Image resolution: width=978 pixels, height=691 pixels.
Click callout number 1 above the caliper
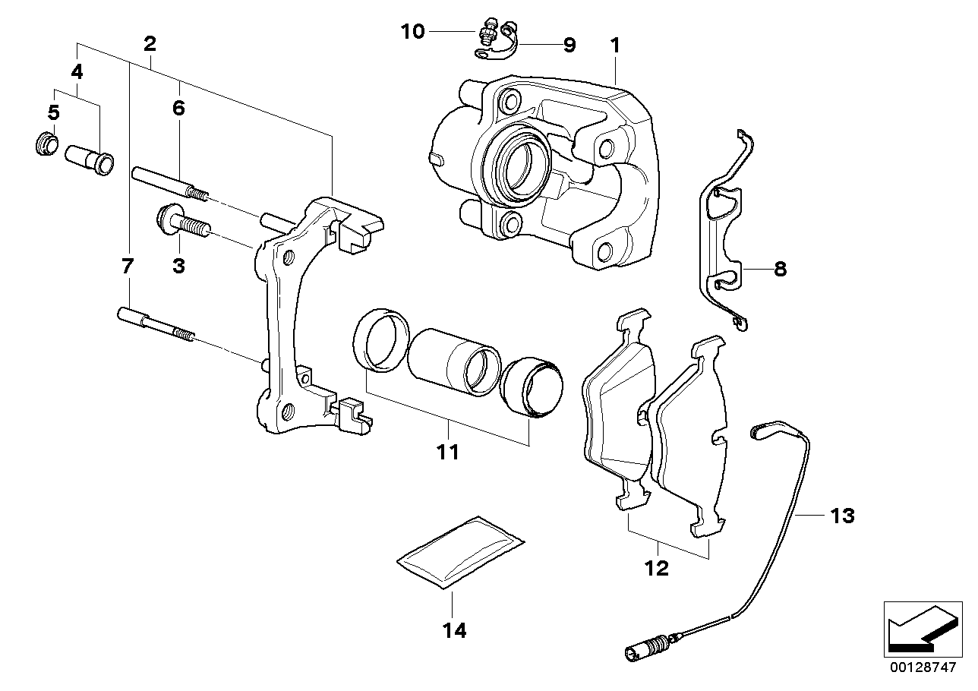(615, 46)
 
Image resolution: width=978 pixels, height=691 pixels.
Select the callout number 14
(456, 630)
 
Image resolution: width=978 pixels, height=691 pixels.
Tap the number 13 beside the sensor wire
(842, 516)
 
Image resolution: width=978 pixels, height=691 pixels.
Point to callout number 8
(780, 269)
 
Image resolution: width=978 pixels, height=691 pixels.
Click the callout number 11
(448, 453)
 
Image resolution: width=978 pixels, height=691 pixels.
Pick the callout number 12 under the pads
(657, 567)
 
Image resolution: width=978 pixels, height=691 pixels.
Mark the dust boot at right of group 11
(532, 388)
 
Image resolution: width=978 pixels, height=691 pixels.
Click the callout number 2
(150, 44)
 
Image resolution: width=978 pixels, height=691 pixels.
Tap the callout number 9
(569, 45)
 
